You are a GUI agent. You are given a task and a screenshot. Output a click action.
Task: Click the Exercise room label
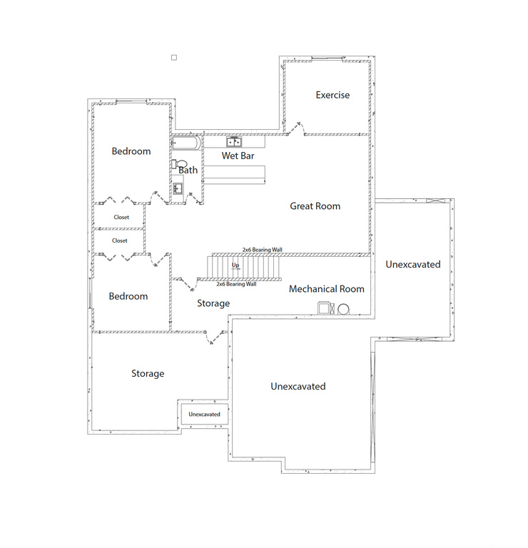click(332, 95)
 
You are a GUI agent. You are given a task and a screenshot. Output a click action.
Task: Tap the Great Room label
click(315, 206)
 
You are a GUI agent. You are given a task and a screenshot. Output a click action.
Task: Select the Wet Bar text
click(238, 156)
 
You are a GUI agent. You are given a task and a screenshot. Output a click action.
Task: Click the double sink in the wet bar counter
click(233, 142)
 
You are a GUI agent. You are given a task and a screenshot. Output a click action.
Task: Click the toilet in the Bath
click(175, 164)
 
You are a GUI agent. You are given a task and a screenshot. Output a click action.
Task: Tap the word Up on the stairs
click(235, 265)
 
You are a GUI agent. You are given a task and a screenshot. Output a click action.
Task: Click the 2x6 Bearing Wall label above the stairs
click(262, 250)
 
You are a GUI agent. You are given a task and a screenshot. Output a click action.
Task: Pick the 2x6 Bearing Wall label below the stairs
click(236, 284)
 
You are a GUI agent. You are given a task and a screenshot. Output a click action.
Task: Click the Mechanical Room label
click(326, 289)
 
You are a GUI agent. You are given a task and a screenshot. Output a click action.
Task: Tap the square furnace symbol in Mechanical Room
click(325, 308)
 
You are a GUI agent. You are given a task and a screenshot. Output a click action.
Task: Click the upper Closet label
click(121, 217)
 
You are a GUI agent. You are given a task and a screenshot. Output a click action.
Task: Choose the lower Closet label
click(120, 241)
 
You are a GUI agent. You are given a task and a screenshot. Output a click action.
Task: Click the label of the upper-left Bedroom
click(131, 151)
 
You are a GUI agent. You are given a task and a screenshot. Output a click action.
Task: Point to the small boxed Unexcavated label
click(204, 414)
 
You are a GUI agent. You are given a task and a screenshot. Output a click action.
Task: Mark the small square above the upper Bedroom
click(173, 56)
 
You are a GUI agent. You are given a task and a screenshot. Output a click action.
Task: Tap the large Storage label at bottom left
click(148, 374)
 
